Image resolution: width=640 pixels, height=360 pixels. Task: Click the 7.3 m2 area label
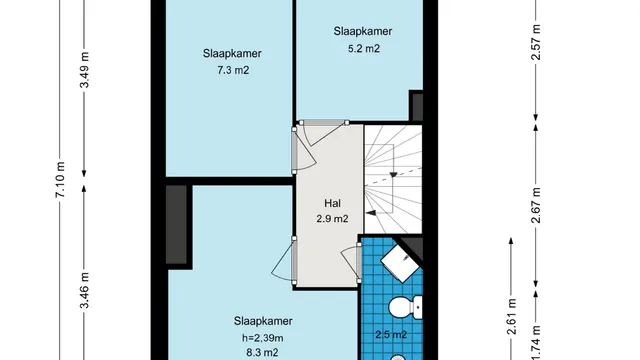(x=233, y=70)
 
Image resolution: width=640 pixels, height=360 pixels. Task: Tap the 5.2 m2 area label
(x=364, y=49)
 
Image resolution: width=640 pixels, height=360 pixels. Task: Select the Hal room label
(x=332, y=203)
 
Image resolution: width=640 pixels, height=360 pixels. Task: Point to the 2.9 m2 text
(x=332, y=219)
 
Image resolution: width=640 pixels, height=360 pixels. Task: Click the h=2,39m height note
(x=262, y=338)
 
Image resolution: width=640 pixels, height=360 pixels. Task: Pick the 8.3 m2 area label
(x=262, y=352)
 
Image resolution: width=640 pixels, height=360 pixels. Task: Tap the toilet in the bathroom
(x=405, y=307)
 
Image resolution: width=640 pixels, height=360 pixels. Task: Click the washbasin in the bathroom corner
(x=400, y=263)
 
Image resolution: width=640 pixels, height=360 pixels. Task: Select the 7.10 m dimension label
(x=60, y=180)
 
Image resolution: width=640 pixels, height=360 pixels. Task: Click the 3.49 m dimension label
(x=84, y=70)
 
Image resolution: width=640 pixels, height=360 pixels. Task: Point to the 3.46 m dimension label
(x=84, y=291)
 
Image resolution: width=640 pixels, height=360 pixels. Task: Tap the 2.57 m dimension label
(x=536, y=42)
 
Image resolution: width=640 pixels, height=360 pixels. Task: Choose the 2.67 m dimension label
(x=536, y=205)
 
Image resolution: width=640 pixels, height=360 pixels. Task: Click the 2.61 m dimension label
(x=512, y=316)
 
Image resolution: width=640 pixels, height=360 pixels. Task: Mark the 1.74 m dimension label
(x=536, y=342)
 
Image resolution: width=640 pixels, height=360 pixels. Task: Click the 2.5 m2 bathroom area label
(x=391, y=335)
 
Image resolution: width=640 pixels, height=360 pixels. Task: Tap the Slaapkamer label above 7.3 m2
(x=232, y=53)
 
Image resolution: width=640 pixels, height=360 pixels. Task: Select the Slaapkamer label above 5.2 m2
(x=363, y=31)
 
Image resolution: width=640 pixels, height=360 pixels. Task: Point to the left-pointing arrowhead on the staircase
(x=371, y=213)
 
